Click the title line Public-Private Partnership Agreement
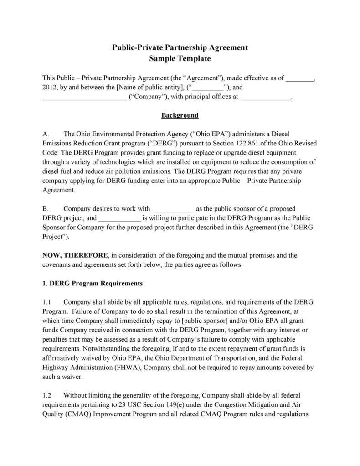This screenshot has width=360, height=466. pyautogui.click(x=180, y=48)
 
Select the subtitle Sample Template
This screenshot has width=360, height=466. pyautogui.click(x=180, y=59)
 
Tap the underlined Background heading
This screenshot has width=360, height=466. pyautogui.click(x=180, y=115)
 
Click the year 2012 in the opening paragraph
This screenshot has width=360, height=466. pyautogui.click(x=49, y=87)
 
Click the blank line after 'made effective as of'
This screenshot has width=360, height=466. pyautogui.click(x=299, y=78)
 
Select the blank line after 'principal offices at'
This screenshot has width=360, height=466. pyautogui.click(x=266, y=97)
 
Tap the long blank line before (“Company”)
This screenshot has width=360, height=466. pyautogui.click(x=85, y=97)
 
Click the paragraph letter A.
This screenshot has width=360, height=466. pyautogui.click(x=46, y=134)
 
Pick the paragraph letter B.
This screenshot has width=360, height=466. pyautogui.click(x=45, y=209)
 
